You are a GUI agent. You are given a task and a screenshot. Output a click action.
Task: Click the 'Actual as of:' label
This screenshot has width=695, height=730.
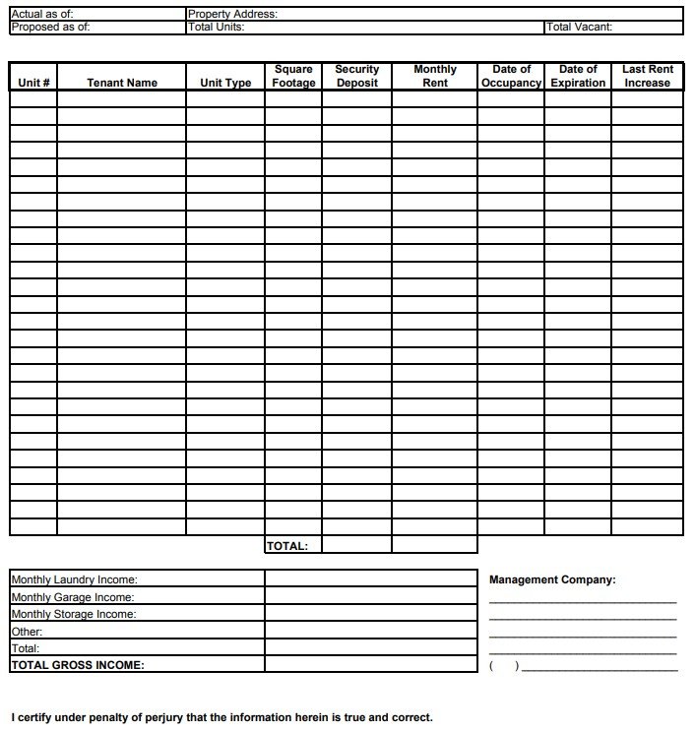click(41, 15)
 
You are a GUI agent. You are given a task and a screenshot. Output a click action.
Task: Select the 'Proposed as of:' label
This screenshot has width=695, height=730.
click(50, 28)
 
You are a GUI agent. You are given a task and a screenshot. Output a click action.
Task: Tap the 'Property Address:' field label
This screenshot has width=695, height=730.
click(232, 15)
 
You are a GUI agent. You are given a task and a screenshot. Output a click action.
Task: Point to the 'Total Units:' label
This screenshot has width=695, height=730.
click(217, 28)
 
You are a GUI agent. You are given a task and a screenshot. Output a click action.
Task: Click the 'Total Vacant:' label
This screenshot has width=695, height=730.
click(580, 28)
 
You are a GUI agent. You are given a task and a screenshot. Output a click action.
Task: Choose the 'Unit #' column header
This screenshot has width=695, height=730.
click(34, 84)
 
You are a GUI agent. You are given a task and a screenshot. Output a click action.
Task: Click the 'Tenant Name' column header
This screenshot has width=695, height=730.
click(122, 84)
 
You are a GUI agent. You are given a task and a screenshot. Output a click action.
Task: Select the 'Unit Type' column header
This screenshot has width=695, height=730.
click(225, 84)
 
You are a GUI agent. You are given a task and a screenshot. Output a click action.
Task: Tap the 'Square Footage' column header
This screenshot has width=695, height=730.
click(293, 77)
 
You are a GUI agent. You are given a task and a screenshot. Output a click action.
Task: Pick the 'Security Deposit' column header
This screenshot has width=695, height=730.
click(356, 77)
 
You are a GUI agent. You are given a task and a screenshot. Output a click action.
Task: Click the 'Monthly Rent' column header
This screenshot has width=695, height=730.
click(435, 77)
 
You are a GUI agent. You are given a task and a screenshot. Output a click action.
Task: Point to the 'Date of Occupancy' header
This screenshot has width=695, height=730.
click(511, 77)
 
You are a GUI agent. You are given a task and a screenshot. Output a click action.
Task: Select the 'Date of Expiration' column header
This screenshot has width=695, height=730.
click(578, 77)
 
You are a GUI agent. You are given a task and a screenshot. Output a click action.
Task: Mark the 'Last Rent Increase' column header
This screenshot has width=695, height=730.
click(647, 77)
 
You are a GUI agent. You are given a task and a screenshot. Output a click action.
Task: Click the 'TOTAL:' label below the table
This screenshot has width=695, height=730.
click(287, 546)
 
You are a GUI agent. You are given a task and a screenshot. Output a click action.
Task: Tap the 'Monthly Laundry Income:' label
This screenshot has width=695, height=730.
click(74, 580)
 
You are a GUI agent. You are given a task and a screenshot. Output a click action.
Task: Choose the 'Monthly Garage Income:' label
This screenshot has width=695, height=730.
click(72, 597)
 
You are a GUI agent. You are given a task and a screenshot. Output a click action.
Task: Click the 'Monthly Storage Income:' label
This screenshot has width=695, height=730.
click(74, 614)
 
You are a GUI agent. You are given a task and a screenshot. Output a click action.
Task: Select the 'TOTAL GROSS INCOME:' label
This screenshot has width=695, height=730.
click(78, 665)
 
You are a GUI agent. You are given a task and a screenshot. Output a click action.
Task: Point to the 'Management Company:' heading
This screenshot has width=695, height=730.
click(552, 580)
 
